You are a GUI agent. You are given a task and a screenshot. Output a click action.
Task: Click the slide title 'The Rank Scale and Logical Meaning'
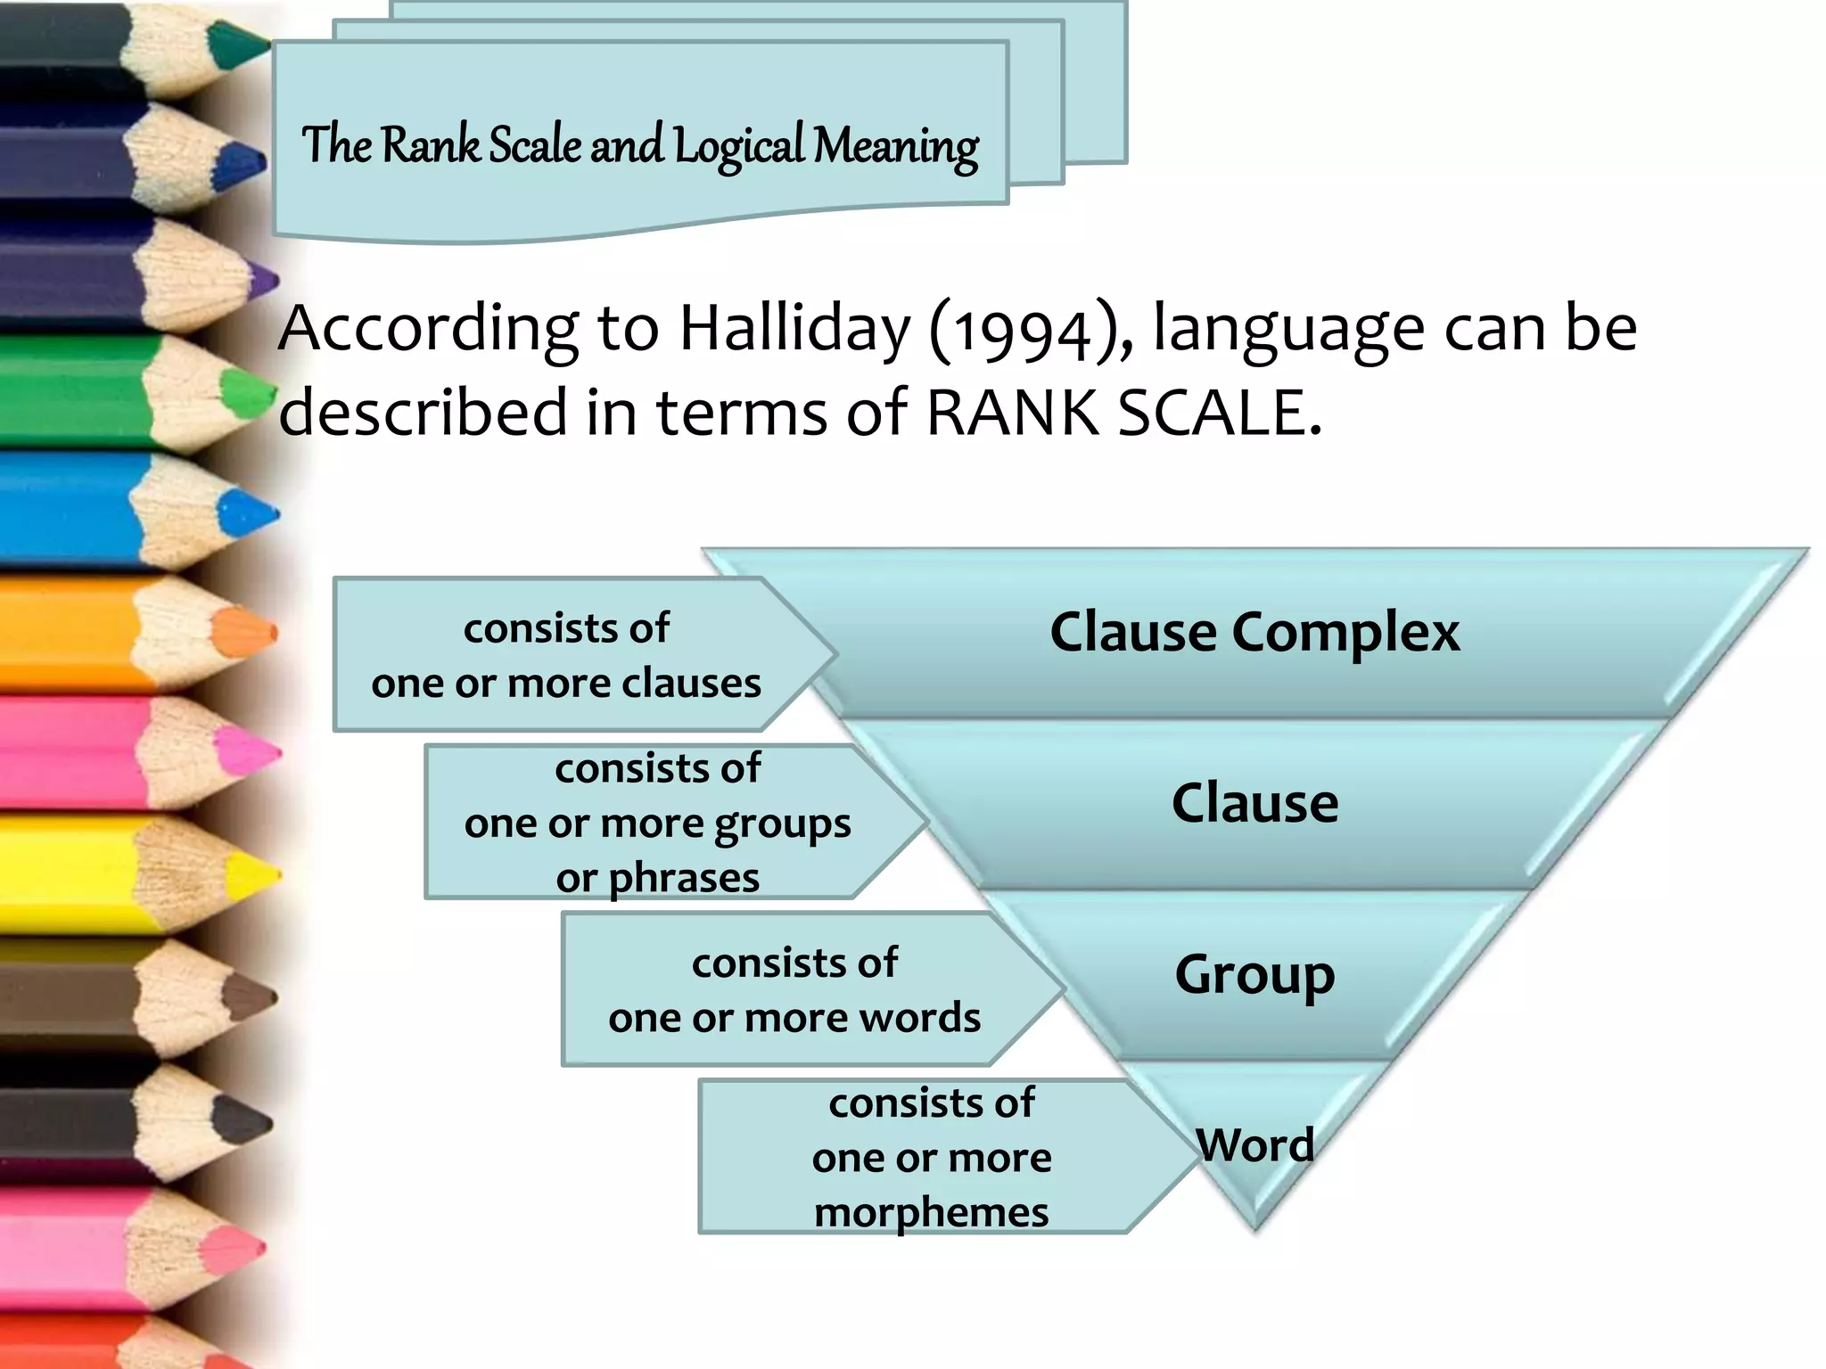pyautogui.click(x=639, y=145)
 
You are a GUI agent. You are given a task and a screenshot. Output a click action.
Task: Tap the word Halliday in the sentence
pyautogui.click(x=794, y=329)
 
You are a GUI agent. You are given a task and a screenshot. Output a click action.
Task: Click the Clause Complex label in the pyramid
pyautogui.click(x=1254, y=632)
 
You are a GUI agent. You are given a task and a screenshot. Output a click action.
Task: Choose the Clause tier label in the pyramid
pyautogui.click(x=1254, y=802)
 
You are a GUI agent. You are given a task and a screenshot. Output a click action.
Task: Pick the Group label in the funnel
pyautogui.click(x=1254, y=974)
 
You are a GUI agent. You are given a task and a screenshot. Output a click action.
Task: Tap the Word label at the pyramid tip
pyautogui.click(x=1254, y=1144)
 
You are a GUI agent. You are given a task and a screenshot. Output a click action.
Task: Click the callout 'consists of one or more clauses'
pyautogui.click(x=567, y=655)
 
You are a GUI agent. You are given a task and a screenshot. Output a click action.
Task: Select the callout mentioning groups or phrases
pyautogui.click(x=658, y=823)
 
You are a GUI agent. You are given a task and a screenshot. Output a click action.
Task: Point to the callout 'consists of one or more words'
pyautogui.click(x=794, y=990)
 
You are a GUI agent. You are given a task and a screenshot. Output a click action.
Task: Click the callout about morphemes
pyautogui.click(x=931, y=1157)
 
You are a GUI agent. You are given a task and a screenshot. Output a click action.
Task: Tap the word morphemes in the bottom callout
pyautogui.click(x=931, y=1212)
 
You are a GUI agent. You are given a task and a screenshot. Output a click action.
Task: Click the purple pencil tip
pyautogui.click(x=262, y=281)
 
